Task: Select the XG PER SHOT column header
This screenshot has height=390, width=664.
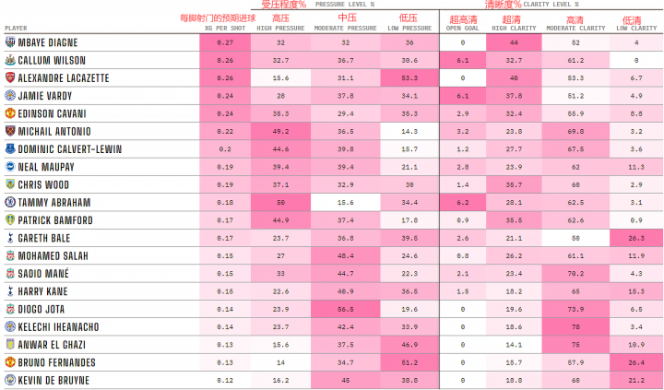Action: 226,29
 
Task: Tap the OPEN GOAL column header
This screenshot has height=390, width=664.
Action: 462,29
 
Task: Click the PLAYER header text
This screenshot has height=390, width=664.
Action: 17,29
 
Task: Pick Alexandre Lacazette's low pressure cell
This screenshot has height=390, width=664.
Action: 410,78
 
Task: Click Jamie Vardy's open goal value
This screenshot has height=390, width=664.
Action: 462,96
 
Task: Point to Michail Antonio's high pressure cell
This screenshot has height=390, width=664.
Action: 280,132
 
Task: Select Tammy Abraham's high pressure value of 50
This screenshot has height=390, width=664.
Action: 280,202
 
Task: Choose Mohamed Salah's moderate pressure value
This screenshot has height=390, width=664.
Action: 346,255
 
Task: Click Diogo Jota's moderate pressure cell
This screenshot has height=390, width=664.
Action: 346,309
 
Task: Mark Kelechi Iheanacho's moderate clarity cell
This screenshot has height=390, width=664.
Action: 575,326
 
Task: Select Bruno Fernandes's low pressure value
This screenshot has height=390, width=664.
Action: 410,362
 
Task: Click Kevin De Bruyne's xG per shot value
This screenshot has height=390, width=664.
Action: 226,380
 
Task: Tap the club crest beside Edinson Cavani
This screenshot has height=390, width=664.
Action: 9,113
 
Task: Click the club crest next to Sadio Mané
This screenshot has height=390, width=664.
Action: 9,274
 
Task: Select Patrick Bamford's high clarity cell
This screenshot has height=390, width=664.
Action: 514,220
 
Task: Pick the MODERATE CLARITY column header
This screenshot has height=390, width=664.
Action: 575,29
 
